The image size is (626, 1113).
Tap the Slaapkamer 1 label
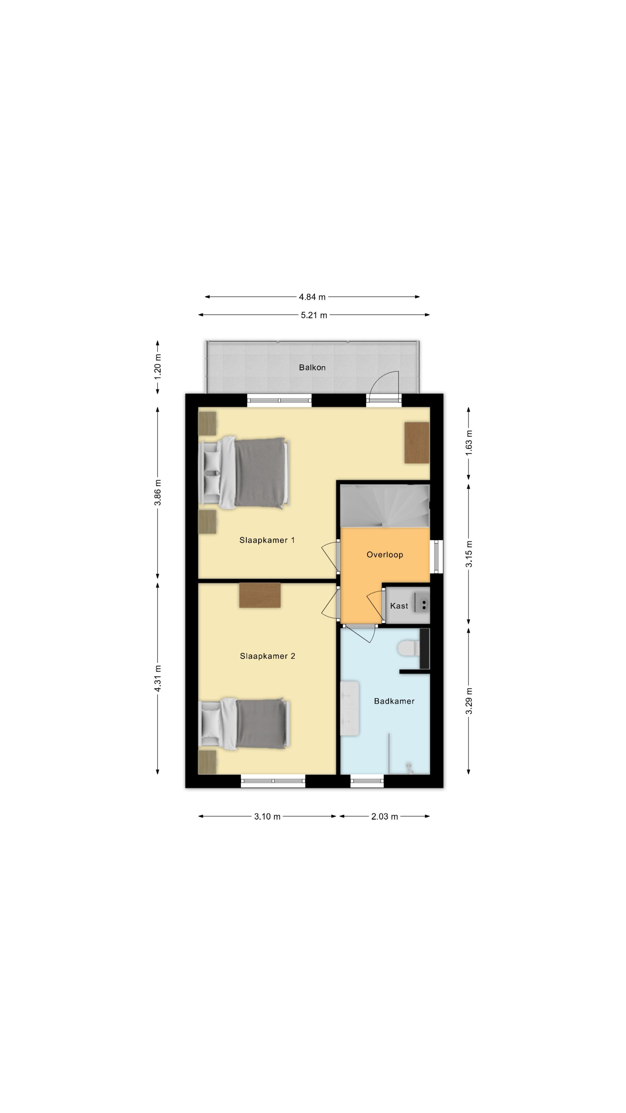267,540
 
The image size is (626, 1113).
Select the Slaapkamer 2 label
267,656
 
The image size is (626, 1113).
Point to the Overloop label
385,555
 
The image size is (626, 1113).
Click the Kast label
399,606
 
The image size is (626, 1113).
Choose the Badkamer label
394,701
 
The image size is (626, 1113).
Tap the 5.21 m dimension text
314,315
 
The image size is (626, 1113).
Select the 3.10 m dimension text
267,816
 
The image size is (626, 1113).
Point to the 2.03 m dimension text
385,816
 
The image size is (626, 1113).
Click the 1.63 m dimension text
469,443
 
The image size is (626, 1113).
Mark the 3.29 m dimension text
469,701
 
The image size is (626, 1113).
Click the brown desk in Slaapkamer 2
260,595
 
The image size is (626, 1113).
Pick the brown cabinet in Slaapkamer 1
417,443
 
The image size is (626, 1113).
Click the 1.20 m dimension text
158,367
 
